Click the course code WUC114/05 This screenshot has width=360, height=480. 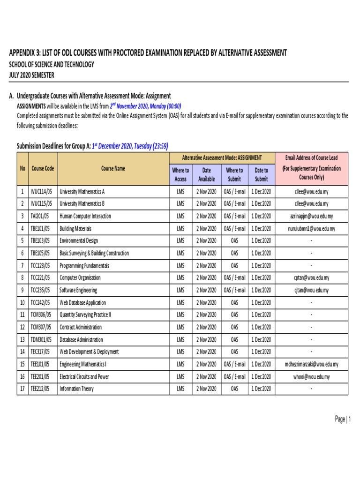42,192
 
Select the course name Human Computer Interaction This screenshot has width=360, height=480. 85,216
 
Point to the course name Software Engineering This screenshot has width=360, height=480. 78,290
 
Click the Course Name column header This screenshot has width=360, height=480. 113,169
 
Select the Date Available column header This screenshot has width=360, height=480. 206,174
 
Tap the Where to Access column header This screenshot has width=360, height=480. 180,174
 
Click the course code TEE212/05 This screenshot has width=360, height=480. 41,389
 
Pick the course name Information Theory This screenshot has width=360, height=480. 76,389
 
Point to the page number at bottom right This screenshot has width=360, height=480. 343,420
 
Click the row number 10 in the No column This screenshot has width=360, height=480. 22,303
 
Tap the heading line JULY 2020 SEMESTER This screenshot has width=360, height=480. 31,75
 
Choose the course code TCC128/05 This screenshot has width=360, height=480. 41,266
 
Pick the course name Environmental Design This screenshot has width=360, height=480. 79,241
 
